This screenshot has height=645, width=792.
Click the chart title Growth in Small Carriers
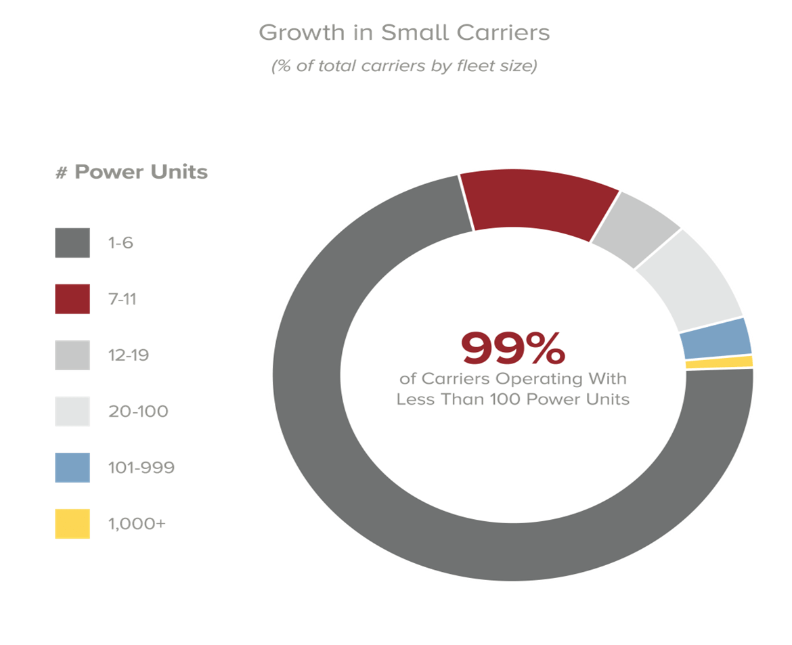[x=404, y=32]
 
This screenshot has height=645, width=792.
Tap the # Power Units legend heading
[x=131, y=173]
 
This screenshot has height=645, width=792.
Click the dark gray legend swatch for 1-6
[x=72, y=243]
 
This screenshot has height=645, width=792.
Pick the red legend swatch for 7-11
[x=72, y=299]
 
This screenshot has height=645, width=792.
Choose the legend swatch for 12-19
[x=72, y=355]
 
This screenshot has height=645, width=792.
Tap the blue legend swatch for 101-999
[x=72, y=468]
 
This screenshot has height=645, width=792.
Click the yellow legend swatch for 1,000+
[x=72, y=524]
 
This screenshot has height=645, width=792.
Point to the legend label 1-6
[x=121, y=243]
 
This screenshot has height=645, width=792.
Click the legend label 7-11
[x=123, y=299]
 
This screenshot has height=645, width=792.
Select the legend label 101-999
[x=141, y=468]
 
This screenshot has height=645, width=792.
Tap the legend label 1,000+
[x=137, y=524]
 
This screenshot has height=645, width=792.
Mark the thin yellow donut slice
[x=719, y=363]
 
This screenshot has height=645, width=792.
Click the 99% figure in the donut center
[x=512, y=348]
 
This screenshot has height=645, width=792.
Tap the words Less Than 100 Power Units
[x=512, y=399]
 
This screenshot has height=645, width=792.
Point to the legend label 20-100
[x=139, y=412]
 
